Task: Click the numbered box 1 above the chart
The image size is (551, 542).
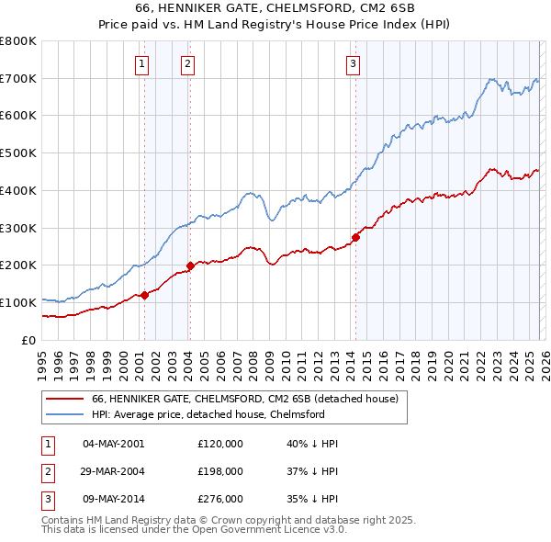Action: [143, 63]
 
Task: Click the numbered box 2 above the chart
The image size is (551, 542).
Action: [187, 63]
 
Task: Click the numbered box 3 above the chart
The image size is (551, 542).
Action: [354, 63]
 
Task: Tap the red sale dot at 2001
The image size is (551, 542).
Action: [144, 295]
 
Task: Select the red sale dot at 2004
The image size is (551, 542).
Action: [190, 266]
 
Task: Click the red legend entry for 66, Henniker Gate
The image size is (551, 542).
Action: [244, 400]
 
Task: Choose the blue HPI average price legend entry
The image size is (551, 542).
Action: [208, 415]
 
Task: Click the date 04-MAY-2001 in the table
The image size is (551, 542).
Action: [114, 443]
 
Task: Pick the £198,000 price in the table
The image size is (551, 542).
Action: [220, 470]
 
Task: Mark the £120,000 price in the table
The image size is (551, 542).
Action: [220, 443]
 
